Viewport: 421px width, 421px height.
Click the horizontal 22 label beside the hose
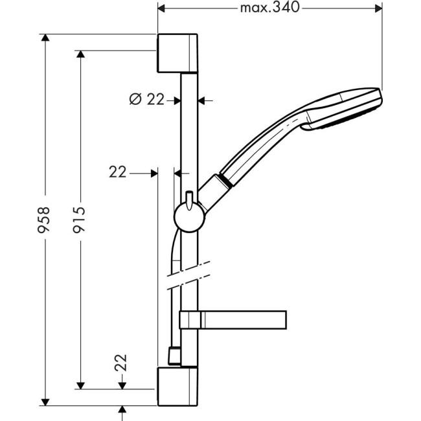coord(117,172)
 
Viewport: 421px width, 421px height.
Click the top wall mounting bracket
coord(176,51)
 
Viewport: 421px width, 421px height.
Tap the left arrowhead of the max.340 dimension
coord(163,8)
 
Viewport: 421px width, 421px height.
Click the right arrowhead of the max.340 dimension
coord(378,8)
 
